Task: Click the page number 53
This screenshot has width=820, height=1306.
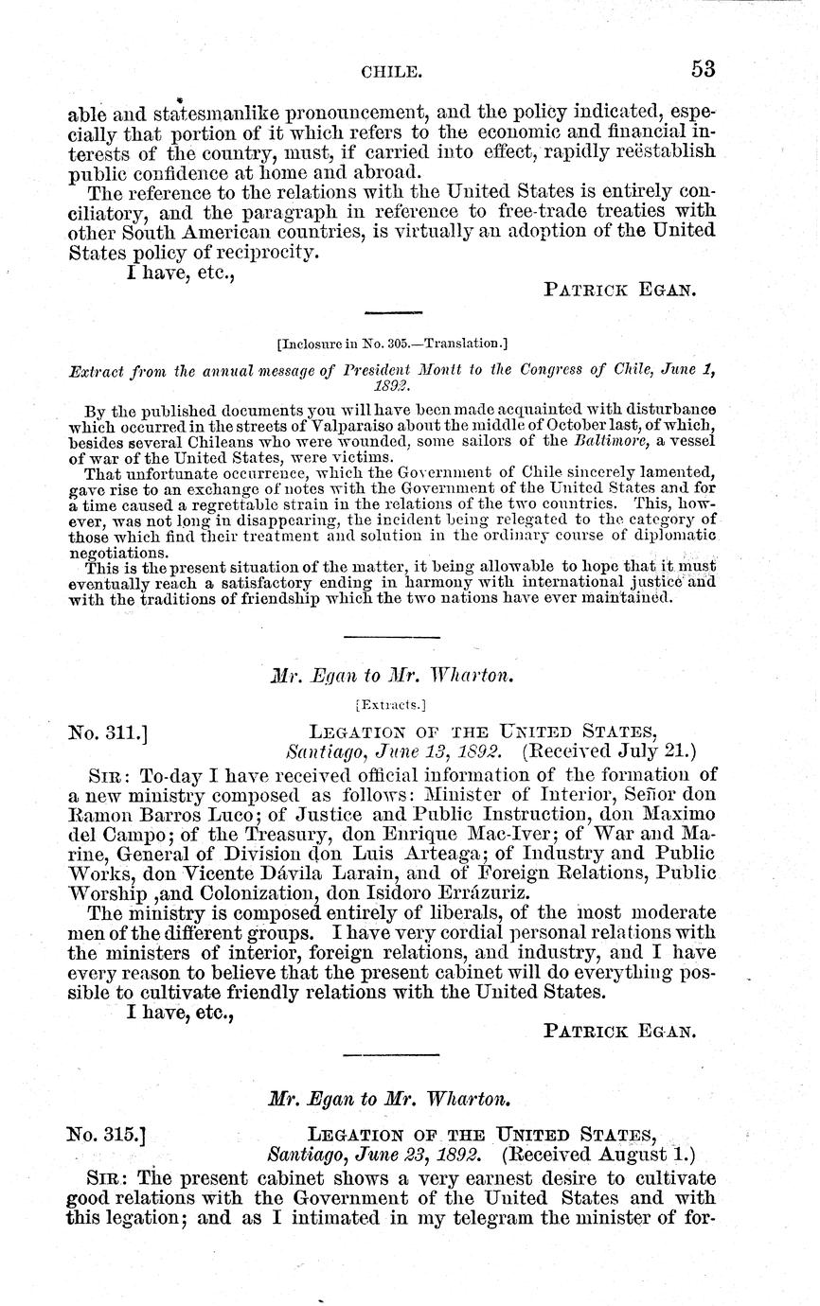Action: click(702, 68)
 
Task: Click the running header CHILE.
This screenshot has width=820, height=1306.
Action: click(390, 70)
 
